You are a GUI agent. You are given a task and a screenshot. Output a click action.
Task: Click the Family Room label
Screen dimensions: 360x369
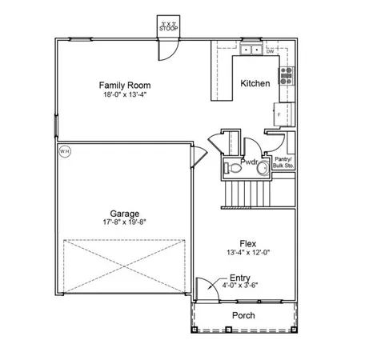click(x=124, y=85)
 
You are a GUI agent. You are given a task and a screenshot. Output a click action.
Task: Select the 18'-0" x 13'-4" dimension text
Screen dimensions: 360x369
click(x=124, y=94)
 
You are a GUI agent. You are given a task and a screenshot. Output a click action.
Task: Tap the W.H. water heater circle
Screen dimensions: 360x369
click(x=65, y=150)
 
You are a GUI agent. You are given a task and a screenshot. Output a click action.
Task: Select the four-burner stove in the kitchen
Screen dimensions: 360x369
click(x=285, y=75)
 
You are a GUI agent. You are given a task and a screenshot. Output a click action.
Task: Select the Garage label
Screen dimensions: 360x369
click(x=126, y=214)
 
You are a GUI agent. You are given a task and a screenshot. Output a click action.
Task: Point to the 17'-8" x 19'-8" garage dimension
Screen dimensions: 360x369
click(x=126, y=222)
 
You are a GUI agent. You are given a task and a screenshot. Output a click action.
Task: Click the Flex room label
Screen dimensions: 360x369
click(x=247, y=243)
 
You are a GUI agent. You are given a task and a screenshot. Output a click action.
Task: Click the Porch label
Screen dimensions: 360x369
click(x=243, y=316)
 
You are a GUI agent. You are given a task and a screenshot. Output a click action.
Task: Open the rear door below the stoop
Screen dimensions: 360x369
click(x=166, y=50)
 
